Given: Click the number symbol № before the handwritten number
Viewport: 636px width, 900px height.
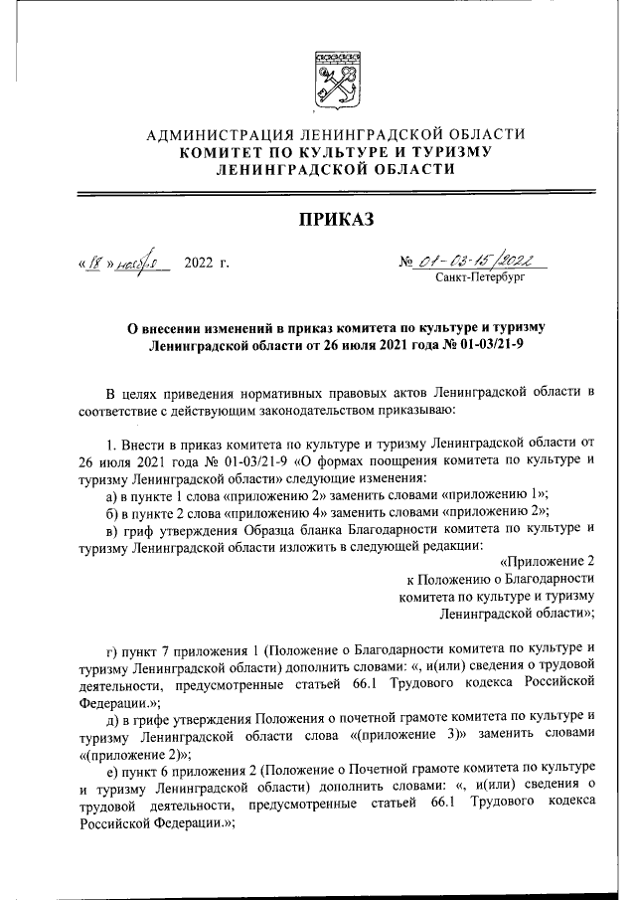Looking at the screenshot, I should [x=404, y=264].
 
